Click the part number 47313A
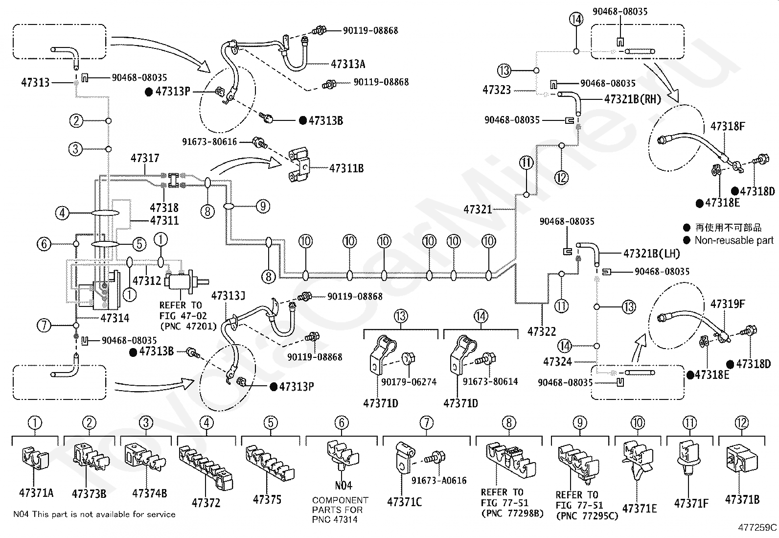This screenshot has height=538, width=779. pyautogui.click(x=348, y=64)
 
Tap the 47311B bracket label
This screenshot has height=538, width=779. pyautogui.click(x=346, y=168)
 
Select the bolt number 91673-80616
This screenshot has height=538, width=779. pyautogui.click(x=209, y=141)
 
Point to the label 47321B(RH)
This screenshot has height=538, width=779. pyautogui.click(x=633, y=99)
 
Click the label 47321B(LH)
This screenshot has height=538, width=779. pyautogui.click(x=651, y=254)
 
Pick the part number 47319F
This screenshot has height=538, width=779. pyautogui.click(x=728, y=304)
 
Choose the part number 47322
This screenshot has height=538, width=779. pyautogui.click(x=542, y=331)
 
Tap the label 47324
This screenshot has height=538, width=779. pyautogui.click(x=557, y=362)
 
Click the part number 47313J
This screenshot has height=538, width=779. pyautogui.click(x=228, y=296)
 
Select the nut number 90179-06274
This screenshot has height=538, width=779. pyautogui.click(x=409, y=382)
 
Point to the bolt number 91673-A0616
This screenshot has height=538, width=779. pyautogui.click(x=439, y=480)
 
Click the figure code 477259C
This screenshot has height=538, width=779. pyautogui.click(x=757, y=528)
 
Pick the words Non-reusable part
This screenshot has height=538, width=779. pyautogui.click(x=734, y=240)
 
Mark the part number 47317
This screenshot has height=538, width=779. pyautogui.click(x=145, y=158)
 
